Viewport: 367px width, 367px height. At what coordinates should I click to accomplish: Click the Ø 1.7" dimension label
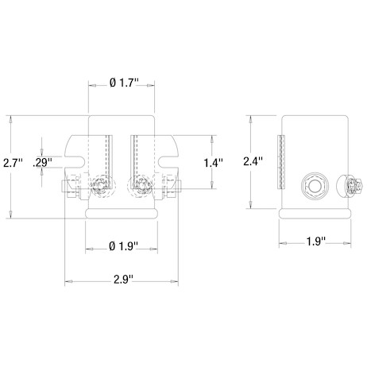click(124, 83)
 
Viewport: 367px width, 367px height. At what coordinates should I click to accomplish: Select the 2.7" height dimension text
click(13, 163)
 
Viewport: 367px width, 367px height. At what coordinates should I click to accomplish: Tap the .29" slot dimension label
click(42, 163)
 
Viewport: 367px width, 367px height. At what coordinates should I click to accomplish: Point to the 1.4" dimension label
click(214, 163)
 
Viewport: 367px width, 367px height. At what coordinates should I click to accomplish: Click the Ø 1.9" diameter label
click(123, 246)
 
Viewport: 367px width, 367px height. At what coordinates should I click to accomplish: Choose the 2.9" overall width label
click(123, 280)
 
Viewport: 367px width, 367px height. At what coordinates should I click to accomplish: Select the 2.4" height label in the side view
click(253, 161)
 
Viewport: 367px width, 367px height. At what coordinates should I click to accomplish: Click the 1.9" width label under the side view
click(315, 241)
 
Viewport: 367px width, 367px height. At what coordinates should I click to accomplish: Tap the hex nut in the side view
click(315, 186)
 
